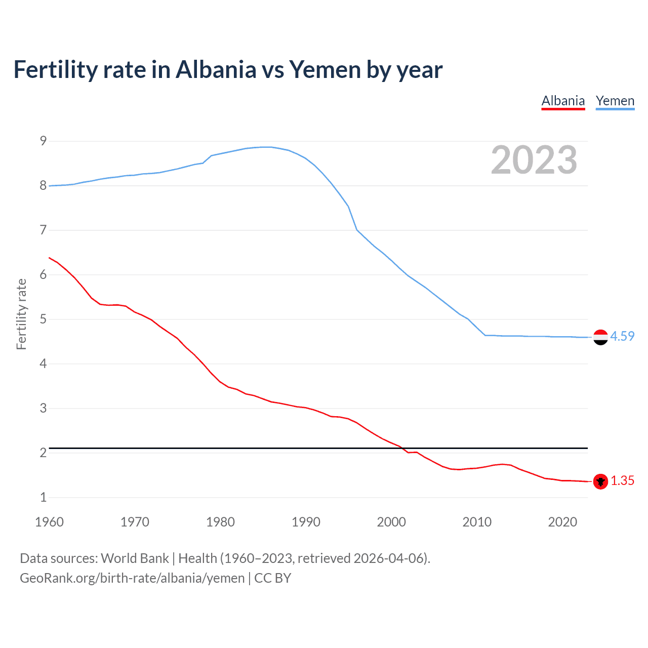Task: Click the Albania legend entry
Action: point(563,101)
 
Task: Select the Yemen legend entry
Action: point(615,101)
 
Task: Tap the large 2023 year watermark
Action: point(534,160)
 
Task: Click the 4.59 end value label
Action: point(622,337)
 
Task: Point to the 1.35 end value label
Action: point(622,481)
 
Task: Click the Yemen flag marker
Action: point(600,337)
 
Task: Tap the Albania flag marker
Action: point(600,481)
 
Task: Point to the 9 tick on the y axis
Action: point(43,141)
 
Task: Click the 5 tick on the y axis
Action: point(43,319)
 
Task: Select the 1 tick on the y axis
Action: point(43,498)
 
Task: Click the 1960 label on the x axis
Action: point(49,522)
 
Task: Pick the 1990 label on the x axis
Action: point(306,522)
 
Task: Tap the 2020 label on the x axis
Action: point(562,522)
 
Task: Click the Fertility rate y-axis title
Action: point(21,314)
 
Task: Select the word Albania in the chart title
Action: point(216,69)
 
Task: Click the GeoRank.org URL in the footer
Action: point(132,578)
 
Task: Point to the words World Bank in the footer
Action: point(135,558)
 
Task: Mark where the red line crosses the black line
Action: point(402,448)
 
